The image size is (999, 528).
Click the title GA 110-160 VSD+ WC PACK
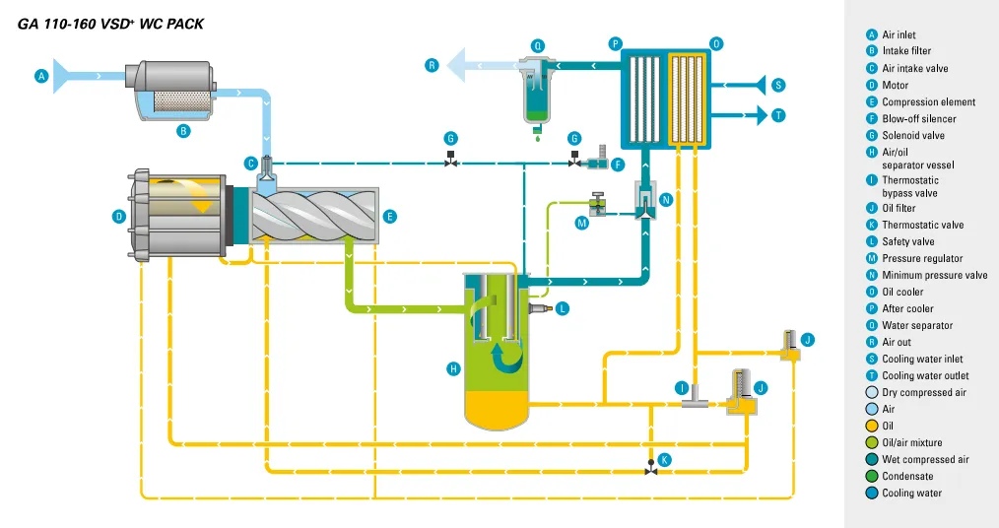pyautogui.click(x=111, y=24)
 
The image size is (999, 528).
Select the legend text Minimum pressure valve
pyautogui.click(x=934, y=275)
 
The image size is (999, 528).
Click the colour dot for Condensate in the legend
pyautogui.click(x=871, y=477)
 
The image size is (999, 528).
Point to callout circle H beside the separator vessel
pyautogui.click(x=453, y=369)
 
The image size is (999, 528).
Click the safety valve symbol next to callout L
pyautogui.click(x=538, y=308)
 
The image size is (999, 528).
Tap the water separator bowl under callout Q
pyautogui.click(x=537, y=94)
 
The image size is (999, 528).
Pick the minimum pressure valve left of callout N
pyautogui.click(x=644, y=200)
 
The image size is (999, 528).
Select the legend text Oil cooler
pyautogui.click(x=902, y=292)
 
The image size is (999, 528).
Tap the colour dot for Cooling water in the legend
pyautogui.click(x=871, y=494)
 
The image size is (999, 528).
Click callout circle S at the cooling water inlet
pyautogui.click(x=778, y=85)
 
